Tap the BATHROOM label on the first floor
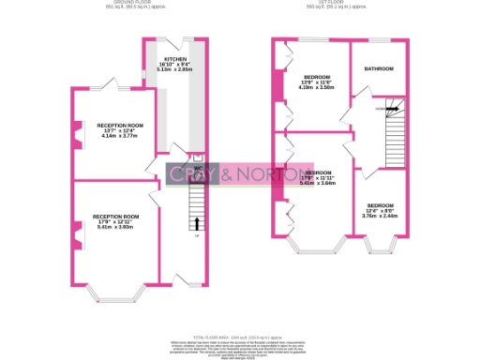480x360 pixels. point(379,69)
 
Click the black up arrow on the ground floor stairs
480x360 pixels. point(197,223)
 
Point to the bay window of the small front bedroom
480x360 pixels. point(380,250)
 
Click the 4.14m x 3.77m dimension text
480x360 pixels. point(119,136)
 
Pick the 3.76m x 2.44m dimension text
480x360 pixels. point(380,217)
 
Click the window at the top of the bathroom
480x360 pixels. point(379,40)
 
